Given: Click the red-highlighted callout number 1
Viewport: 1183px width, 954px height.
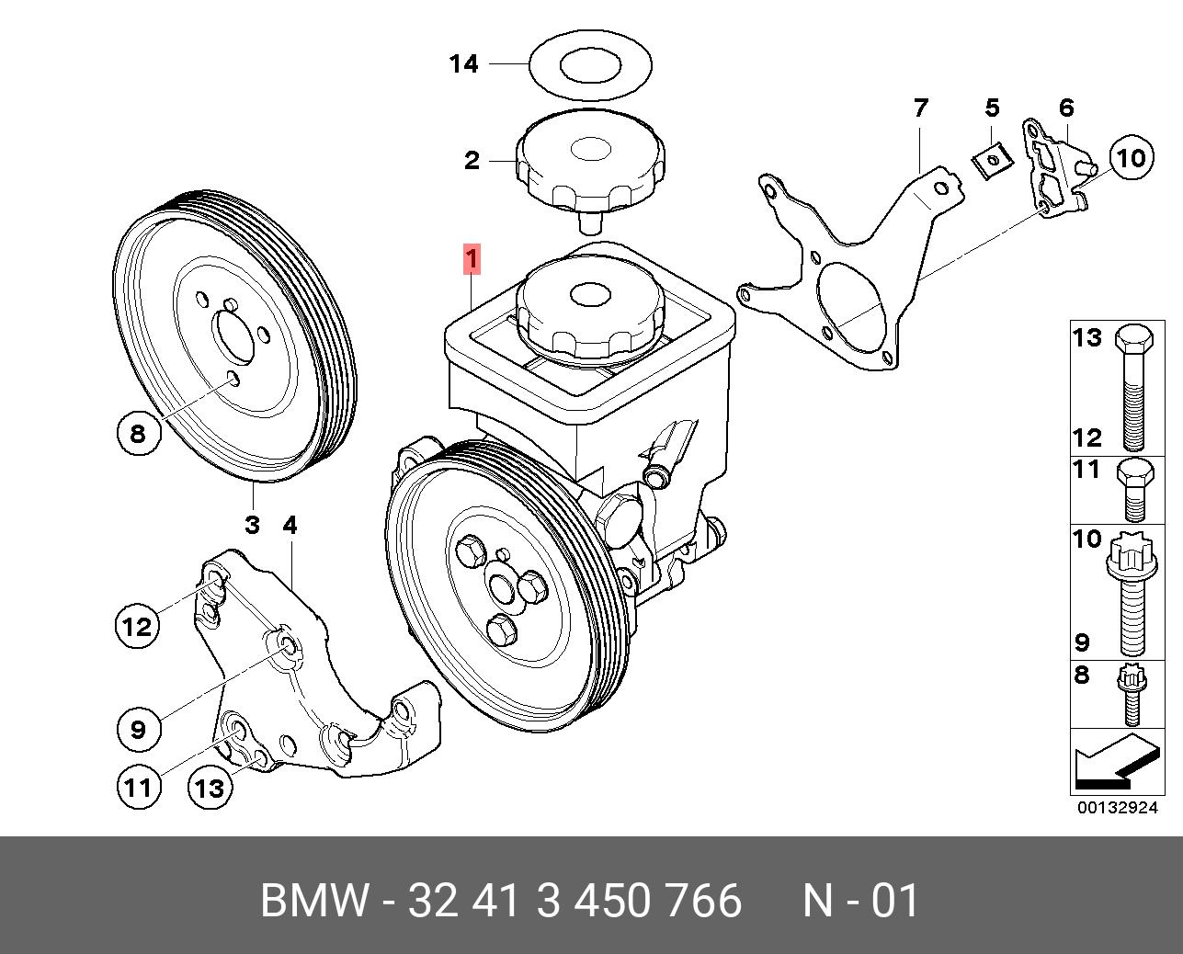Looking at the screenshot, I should (x=471, y=260).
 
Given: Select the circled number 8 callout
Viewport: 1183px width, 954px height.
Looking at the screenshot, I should (x=138, y=432).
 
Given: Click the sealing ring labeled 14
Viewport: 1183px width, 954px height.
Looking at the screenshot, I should (x=590, y=66).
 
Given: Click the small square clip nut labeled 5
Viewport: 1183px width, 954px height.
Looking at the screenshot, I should (x=991, y=164).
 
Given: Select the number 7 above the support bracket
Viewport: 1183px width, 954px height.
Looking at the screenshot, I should (x=920, y=108).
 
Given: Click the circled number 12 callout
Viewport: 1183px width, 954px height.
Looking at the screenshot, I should (x=137, y=627).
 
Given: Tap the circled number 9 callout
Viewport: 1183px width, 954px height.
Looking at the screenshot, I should (x=138, y=729).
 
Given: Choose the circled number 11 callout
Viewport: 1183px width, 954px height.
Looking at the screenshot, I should (x=138, y=787).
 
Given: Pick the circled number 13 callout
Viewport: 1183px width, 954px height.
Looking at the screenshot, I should (x=210, y=787).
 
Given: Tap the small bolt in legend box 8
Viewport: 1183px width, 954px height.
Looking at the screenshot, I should (x=1131, y=695).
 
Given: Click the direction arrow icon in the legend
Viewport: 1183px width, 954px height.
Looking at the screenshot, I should (x=1114, y=762).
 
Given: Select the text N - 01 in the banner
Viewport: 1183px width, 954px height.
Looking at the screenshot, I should (x=861, y=901).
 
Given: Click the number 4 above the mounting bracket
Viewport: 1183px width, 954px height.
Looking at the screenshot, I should (x=290, y=526).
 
